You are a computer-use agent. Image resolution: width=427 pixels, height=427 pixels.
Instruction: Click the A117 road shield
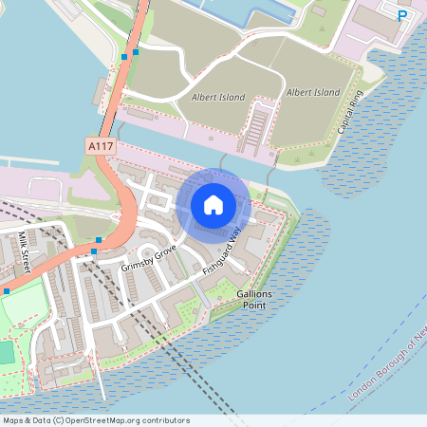point(99,146)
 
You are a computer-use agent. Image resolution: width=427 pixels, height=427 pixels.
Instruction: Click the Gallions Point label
point(254,300)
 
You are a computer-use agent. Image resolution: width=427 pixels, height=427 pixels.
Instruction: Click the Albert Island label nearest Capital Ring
point(312,92)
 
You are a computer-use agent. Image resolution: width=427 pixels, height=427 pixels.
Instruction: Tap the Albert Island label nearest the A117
point(217,97)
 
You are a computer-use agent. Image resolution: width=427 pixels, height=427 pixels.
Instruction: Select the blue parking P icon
point(402,15)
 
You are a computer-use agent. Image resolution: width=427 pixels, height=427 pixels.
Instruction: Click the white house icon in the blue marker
point(213,204)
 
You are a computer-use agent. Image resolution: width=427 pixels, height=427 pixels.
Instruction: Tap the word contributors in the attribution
point(165,420)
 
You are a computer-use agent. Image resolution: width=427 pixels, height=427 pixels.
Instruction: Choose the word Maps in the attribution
point(14,420)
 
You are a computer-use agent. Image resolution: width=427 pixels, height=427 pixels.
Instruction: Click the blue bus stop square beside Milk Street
point(6,290)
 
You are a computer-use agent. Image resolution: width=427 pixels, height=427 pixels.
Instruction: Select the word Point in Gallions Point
point(254,306)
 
